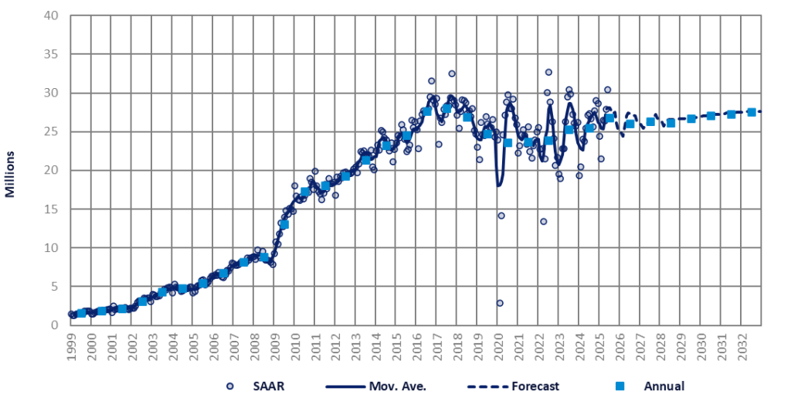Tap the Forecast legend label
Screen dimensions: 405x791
569,386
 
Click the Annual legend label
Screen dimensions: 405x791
664,386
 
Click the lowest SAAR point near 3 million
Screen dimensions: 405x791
500,303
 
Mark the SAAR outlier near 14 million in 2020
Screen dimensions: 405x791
501,216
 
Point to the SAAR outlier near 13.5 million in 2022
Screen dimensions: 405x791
543,221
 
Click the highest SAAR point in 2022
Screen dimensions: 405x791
548,72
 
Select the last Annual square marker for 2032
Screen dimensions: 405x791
752,112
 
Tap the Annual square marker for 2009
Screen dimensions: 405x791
284,224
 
